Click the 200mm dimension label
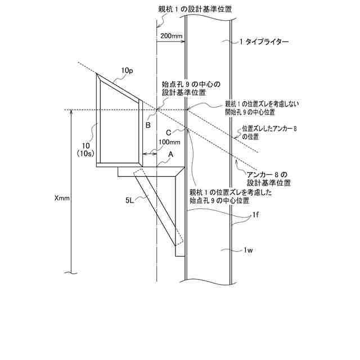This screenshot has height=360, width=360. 171,36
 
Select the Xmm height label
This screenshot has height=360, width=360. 62,199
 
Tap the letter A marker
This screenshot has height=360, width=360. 170,154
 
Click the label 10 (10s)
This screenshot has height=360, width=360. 85,148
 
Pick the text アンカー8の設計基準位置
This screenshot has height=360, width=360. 269,178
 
